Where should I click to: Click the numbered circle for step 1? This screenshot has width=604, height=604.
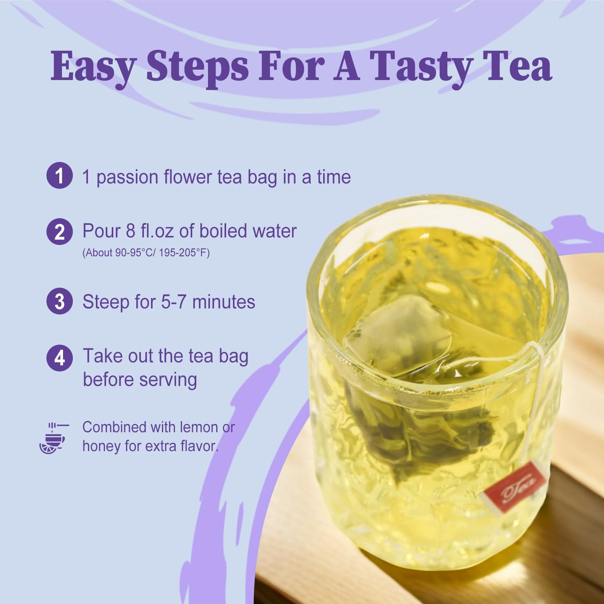click(59, 176)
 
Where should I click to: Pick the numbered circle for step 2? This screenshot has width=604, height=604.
click(59, 232)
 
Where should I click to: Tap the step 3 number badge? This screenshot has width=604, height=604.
click(59, 301)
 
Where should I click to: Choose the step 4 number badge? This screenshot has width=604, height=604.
click(59, 358)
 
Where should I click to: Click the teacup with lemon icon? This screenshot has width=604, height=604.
click(54, 438)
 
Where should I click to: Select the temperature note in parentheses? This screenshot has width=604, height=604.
click(146, 253)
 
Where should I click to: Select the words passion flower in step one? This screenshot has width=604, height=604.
click(154, 177)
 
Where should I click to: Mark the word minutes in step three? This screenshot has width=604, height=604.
click(224, 302)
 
